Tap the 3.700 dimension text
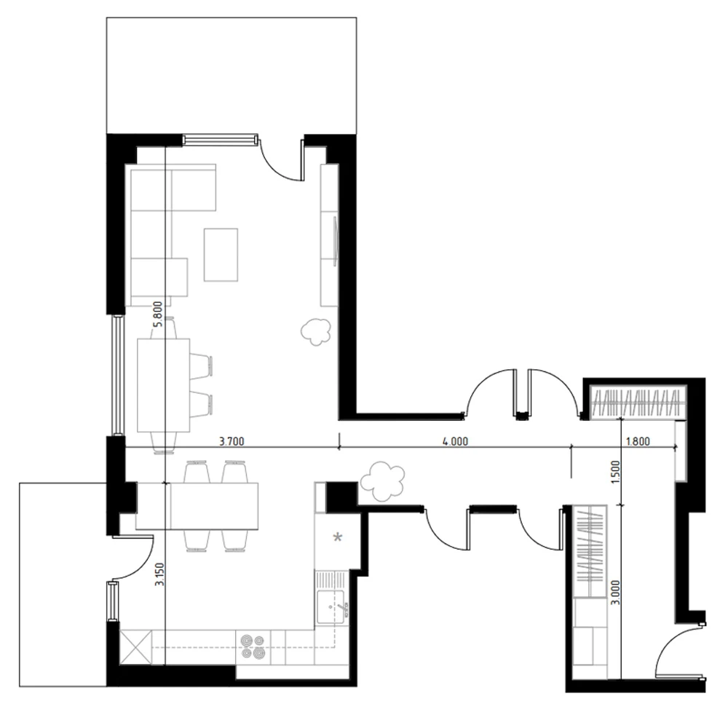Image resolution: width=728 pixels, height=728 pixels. (x=231, y=441)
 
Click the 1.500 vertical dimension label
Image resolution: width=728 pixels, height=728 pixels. (x=615, y=474)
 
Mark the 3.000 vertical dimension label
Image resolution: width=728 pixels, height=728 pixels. (x=615, y=598)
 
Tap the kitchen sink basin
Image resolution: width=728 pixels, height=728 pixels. (x=331, y=606)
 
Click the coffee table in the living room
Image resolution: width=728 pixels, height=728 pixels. (x=221, y=254)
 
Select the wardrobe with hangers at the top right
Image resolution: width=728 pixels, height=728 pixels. (x=638, y=403)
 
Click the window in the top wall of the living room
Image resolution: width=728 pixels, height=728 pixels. (x=220, y=138)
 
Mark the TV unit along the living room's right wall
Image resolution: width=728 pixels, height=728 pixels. (x=330, y=234)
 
